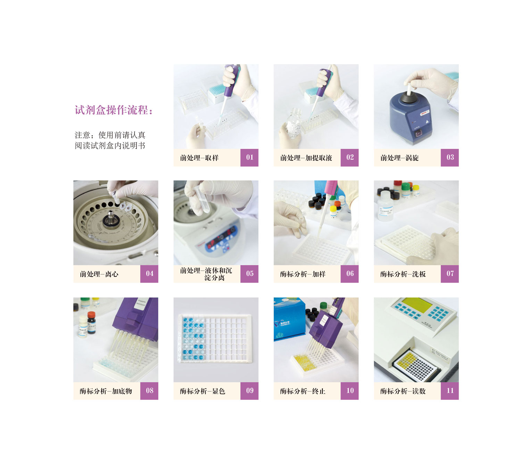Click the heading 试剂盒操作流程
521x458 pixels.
pos(111,110)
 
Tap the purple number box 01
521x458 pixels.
pos(249,157)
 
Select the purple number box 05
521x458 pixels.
pos(249,274)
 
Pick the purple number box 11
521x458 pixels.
pos(449,391)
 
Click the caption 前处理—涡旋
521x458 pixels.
pos(399,158)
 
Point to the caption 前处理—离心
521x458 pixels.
pos(99,274)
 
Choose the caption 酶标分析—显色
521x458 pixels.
pos(202,391)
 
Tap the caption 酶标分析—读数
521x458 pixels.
pos(403,391)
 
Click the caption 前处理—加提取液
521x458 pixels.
pos(306,158)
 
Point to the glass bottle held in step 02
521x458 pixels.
pos(293,123)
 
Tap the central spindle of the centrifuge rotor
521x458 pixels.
pos(111,217)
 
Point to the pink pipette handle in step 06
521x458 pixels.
pos(331,188)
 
